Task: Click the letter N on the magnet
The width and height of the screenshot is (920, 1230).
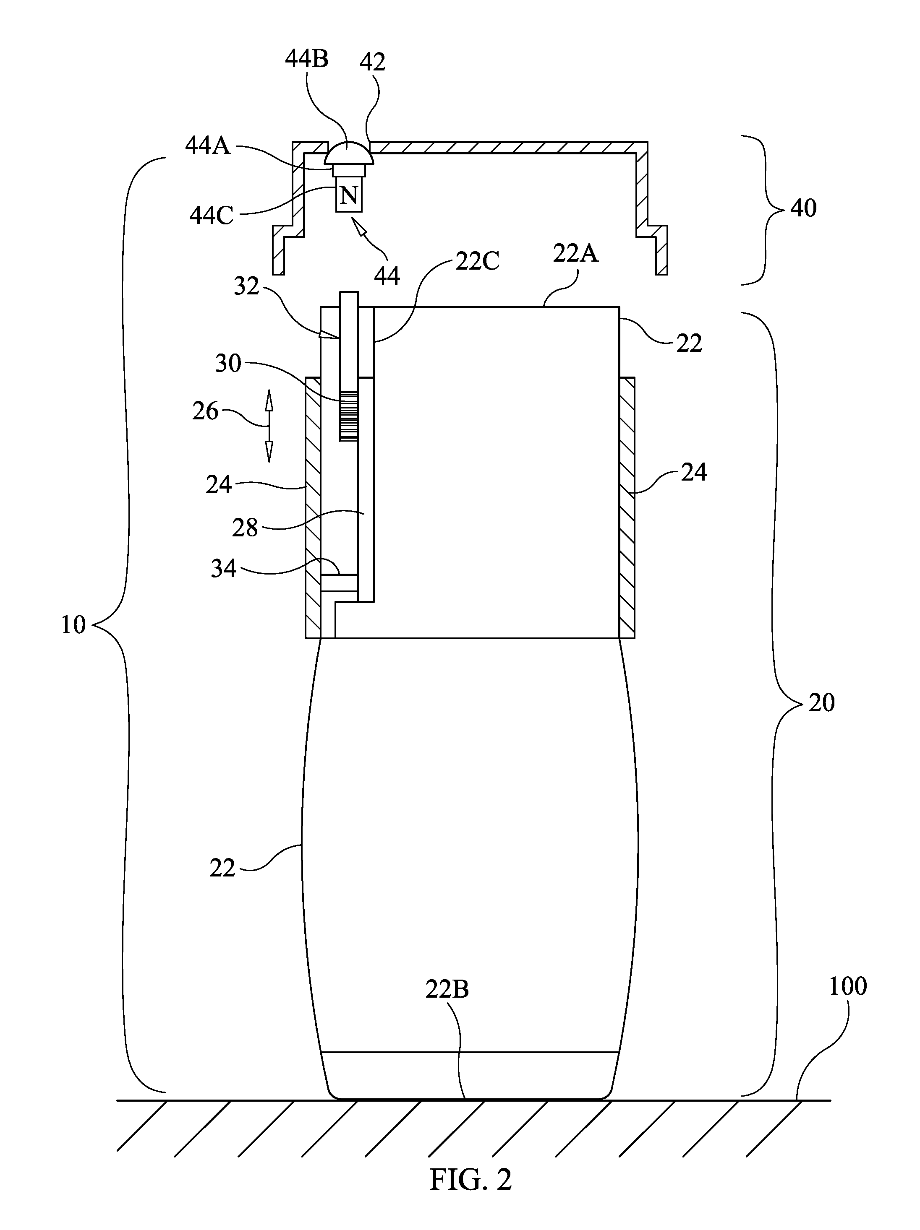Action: pyautogui.click(x=348, y=195)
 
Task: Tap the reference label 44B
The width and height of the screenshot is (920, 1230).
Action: pyautogui.click(x=307, y=58)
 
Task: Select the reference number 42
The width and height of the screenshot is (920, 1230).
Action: pyautogui.click(x=372, y=62)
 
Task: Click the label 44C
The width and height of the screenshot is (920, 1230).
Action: pyautogui.click(x=211, y=216)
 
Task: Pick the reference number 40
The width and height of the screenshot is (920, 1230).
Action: pyautogui.click(x=803, y=208)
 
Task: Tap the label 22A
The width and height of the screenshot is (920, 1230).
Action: pyautogui.click(x=575, y=254)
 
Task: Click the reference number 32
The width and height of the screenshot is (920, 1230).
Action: pyautogui.click(x=246, y=286)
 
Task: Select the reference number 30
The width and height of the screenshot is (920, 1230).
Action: pyautogui.click(x=228, y=363)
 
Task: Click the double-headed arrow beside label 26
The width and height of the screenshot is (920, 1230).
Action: pyautogui.click(x=269, y=426)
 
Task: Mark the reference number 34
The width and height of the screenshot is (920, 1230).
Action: pyautogui.click(x=224, y=568)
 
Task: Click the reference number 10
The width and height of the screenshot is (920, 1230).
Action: pyautogui.click(x=73, y=625)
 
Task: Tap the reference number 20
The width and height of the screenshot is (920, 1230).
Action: pyautogui.click(x=821, y=703)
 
